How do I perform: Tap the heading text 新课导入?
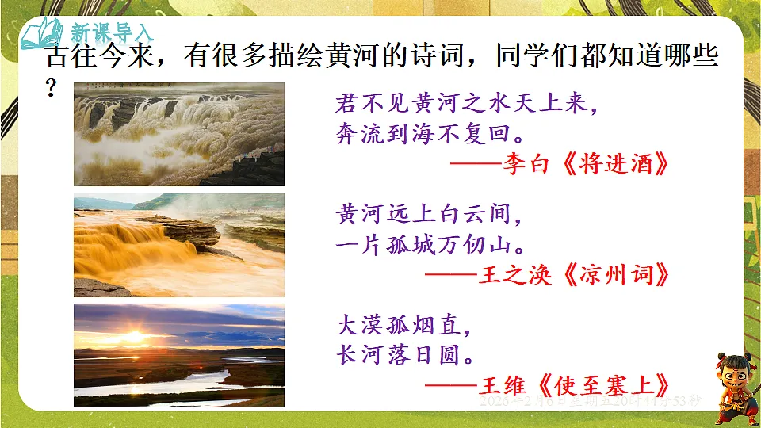click(x=112, y=33)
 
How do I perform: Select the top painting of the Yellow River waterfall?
click(x=178, y=134)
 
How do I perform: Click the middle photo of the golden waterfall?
click(x=178, y=245)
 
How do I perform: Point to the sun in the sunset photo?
click(x=134, y=337)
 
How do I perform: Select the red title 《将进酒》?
click(x=608, y=165)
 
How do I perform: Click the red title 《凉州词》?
click(x=608, y=275)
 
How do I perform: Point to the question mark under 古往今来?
click(x=52, y=89)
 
